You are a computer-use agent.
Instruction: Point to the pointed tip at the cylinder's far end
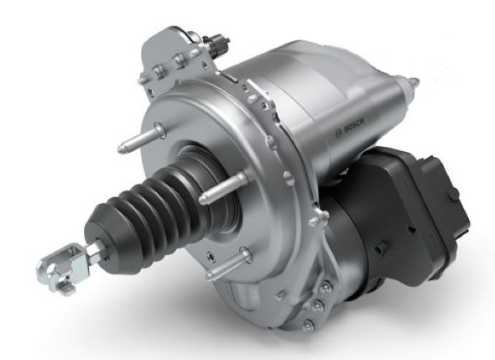412,82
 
